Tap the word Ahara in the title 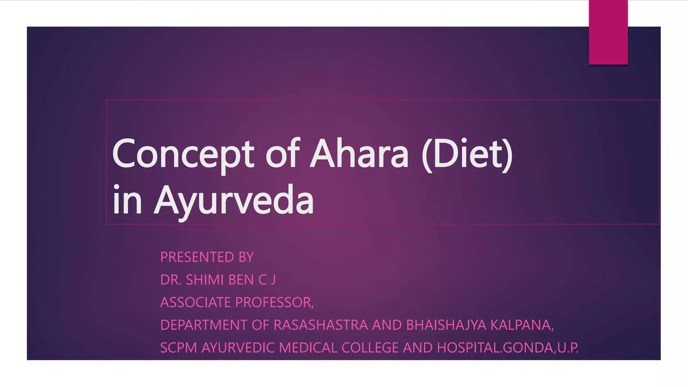[359, 154]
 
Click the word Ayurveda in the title [234, 201]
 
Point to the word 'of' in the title [282, 154]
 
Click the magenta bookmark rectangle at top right [608, 32]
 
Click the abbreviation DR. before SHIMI [171, 280]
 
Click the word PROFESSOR [274, 302]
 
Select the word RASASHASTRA [320, 325]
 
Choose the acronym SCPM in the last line [178, 348]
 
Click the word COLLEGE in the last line [370, 348]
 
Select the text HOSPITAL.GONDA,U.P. [507, 348]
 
